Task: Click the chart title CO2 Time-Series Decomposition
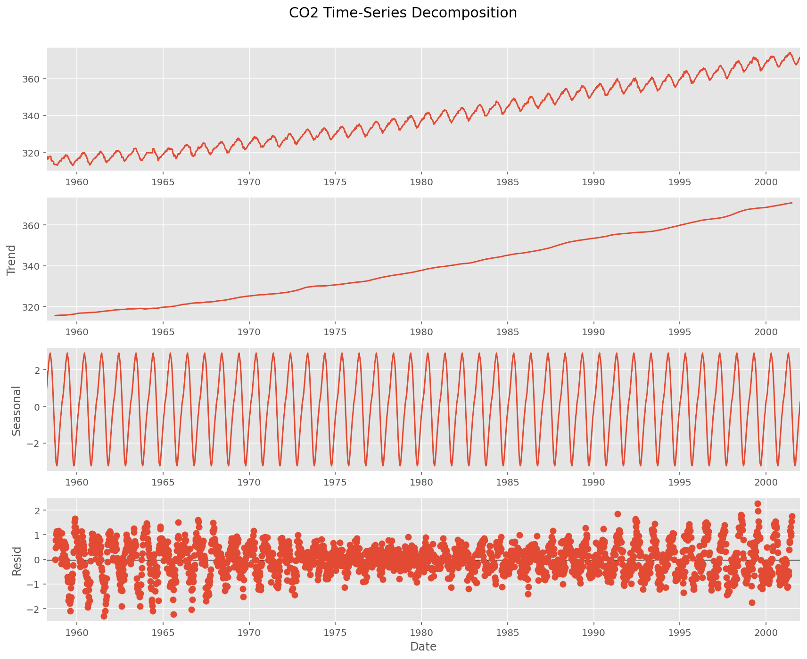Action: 403,13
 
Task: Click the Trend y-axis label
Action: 12,260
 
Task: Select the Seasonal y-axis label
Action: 16,410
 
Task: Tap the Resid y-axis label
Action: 16,561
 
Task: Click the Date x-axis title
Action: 423,646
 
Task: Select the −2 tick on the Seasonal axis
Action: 34,444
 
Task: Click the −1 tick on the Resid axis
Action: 34,585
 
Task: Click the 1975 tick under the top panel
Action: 335,181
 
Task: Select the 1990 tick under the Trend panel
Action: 593,331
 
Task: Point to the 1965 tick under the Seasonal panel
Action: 163,482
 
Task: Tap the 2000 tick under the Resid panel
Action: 766,632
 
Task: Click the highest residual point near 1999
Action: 758,504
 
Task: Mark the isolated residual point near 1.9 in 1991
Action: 618,514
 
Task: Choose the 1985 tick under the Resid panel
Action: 507,632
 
